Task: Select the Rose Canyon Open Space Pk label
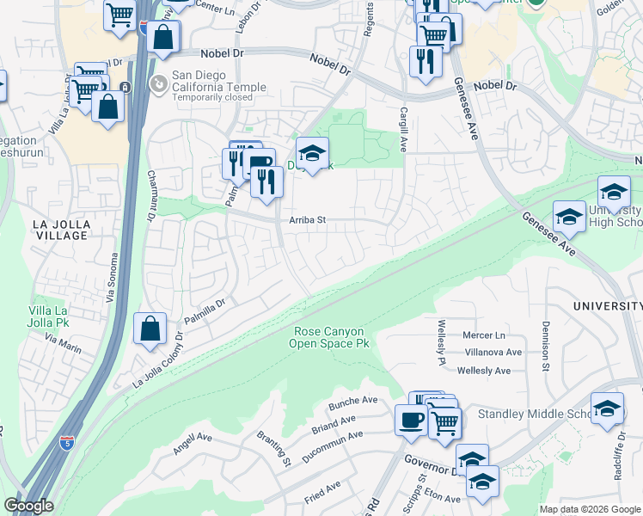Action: (x=332, y=337)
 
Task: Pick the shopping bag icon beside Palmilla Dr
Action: (x=150, y=329)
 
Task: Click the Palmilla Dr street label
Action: (x=203, y=305)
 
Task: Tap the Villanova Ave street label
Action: (x=488, y=353)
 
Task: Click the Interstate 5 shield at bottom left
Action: (x=67, y=443)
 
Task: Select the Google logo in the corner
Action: (x=29, y=506)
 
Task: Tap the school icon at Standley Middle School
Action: (x=607, y=409)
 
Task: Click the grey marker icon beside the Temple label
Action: (x=158, y=83)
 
